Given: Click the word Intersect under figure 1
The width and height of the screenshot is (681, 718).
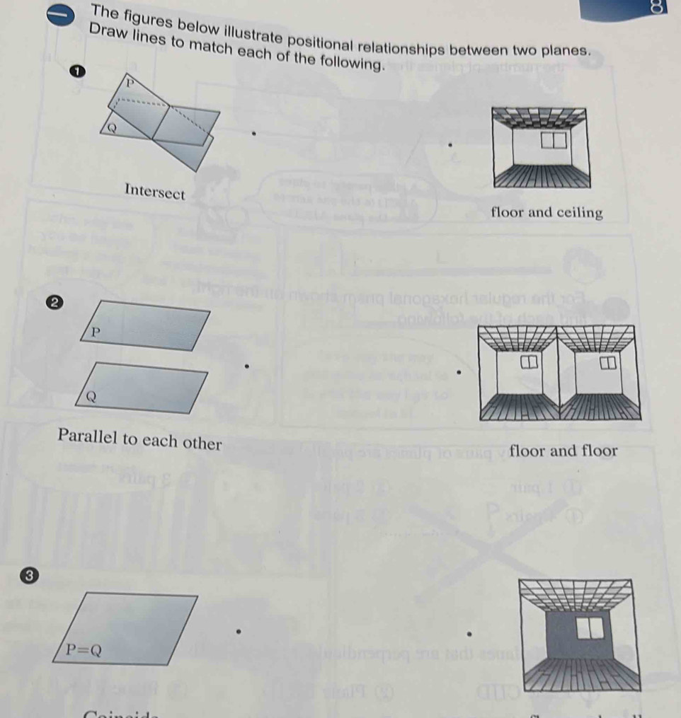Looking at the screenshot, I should (154, 191).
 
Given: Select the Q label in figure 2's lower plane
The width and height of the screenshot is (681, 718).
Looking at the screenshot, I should (91, 397).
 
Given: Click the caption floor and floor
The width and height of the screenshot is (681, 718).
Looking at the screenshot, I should (563, 451).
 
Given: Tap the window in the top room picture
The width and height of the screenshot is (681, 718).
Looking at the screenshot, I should (554, 139).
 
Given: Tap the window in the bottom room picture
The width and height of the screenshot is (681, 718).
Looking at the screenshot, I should (590, 627).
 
